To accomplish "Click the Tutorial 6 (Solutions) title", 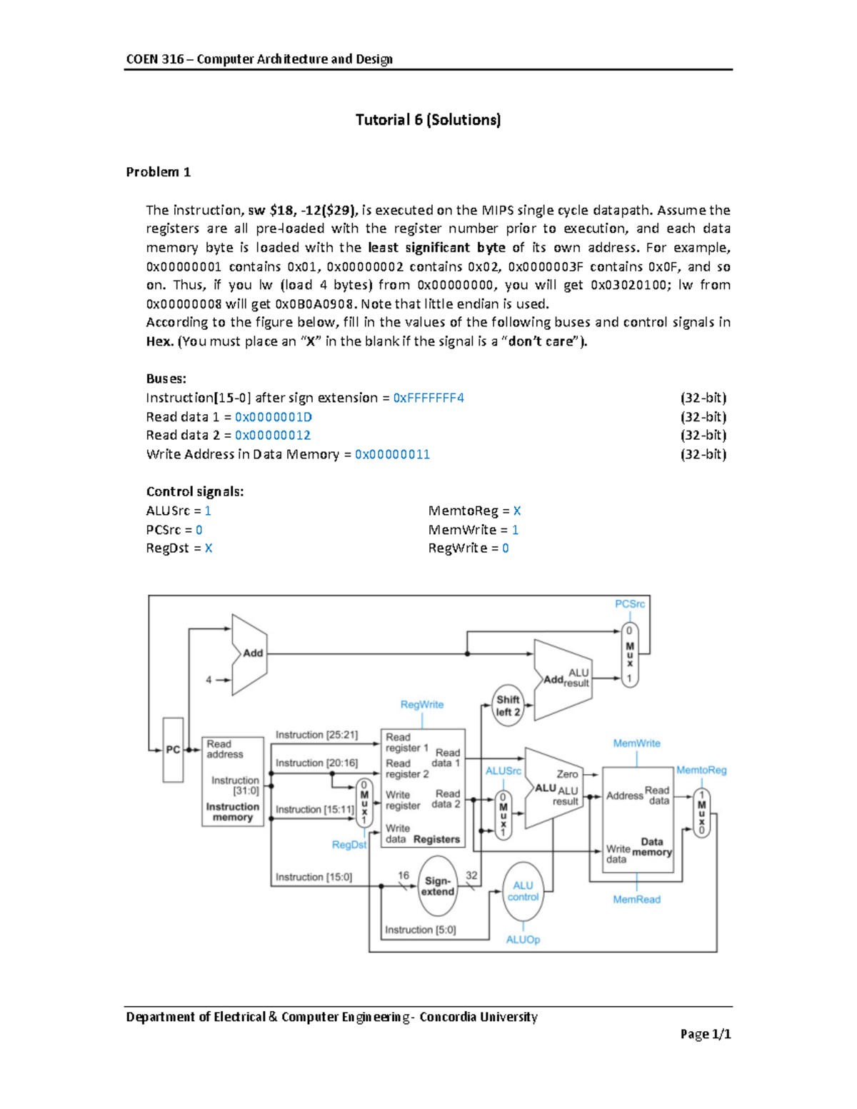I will click(428, 120).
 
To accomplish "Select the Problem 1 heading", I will click(158, 172).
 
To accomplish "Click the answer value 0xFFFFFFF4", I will click(428, 398).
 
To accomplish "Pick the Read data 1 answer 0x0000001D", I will click(273, 417).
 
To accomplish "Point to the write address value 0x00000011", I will click(392, 454).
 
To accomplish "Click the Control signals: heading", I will click(195, 492).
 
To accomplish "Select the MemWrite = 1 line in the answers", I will click(473, 530).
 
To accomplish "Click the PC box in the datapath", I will click(173, 750).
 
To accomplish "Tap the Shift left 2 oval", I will click(508, 706).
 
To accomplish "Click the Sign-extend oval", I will click(437, 886).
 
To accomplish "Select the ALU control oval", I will click(523, 891).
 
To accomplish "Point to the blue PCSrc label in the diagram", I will click(629, 604).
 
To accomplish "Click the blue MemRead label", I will click(636, 900).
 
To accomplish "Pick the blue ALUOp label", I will click(523, 940).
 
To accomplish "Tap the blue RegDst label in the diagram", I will click(349, 845).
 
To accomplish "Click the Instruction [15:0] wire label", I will click(314, 877).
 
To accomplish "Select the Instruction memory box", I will click(233, 781).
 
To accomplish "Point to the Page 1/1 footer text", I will click(705, 1034).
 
